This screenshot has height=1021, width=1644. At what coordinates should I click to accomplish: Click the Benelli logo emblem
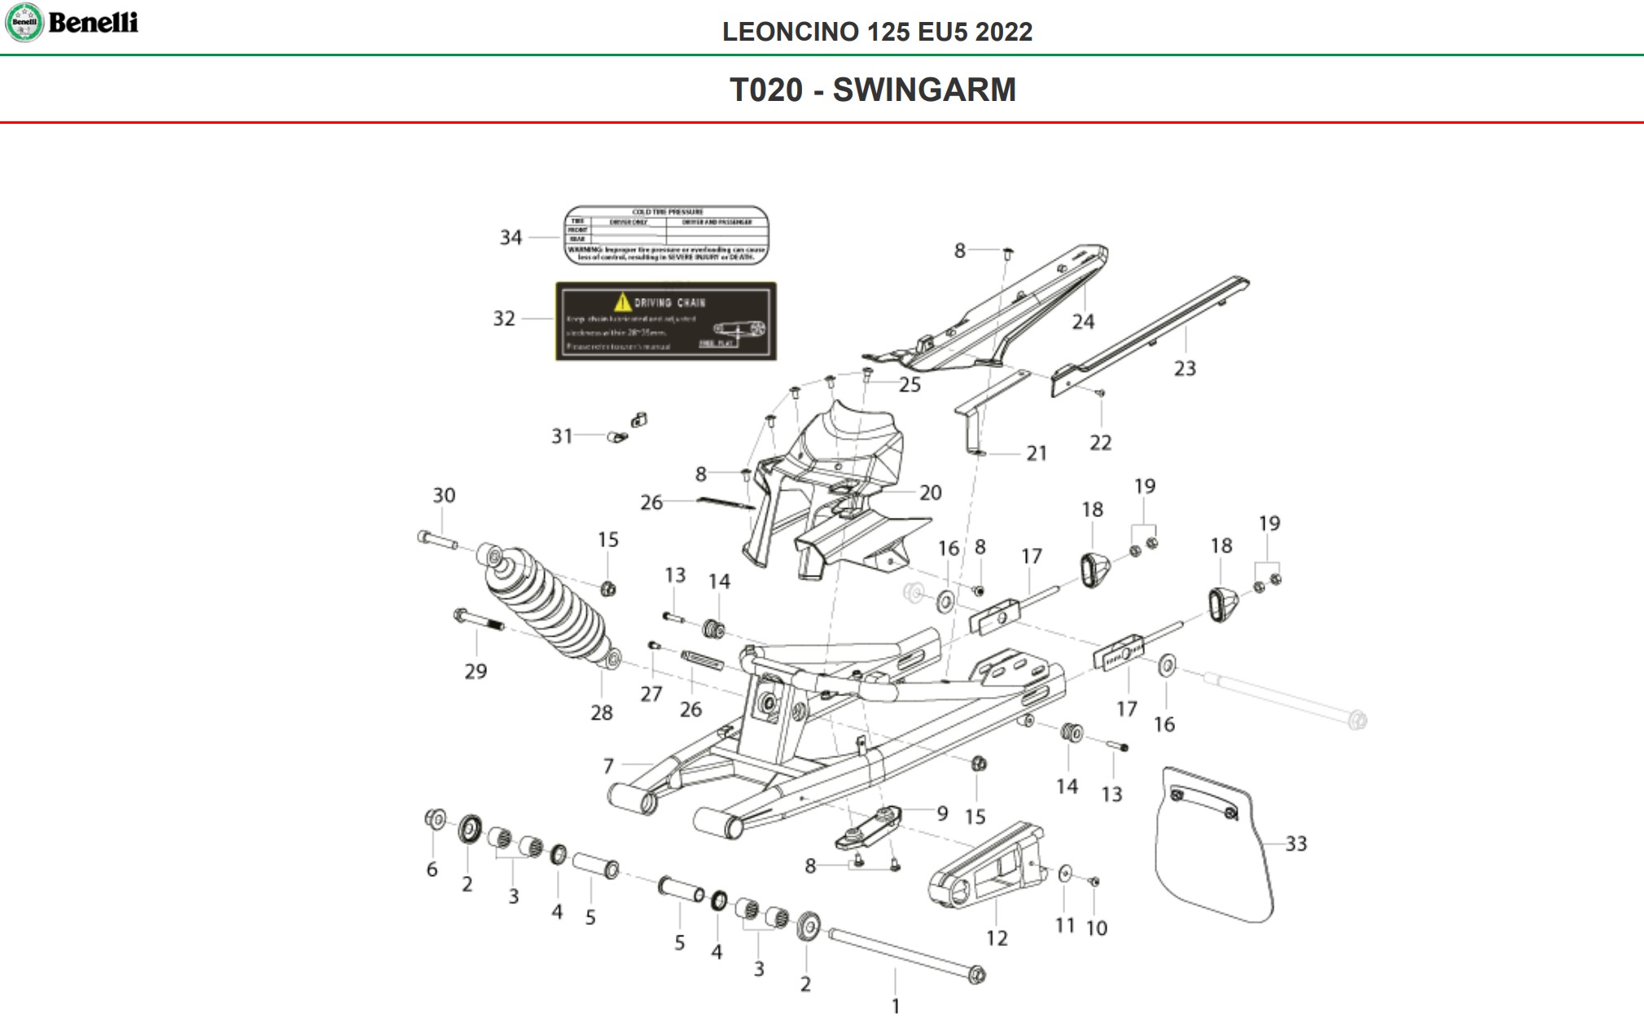24,22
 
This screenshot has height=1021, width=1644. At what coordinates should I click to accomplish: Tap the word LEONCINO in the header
790,32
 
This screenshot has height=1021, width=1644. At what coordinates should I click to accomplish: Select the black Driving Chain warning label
665,321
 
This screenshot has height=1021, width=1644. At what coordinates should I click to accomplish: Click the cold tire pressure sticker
666,235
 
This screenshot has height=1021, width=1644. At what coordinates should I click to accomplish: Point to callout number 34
511,238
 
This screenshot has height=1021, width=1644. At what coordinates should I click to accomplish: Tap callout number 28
601,713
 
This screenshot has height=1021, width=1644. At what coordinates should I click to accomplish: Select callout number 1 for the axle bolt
896,1006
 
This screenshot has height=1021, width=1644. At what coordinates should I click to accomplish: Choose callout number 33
1295,844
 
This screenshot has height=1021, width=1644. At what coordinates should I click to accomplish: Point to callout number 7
608,766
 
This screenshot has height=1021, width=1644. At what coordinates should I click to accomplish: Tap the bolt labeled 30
437,540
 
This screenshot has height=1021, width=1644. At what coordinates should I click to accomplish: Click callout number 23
1185,369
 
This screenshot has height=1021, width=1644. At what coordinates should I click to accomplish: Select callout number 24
1082,322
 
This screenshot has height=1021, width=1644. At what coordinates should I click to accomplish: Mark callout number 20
930,493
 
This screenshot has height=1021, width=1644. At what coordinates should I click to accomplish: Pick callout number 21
1036,454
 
